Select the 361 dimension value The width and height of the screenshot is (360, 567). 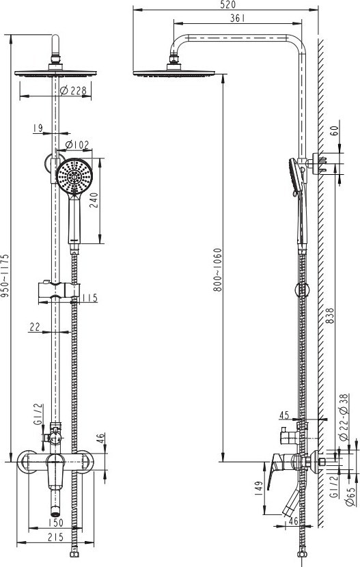click(x=237, y=18)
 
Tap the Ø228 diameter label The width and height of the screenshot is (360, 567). click(x=73, y=90)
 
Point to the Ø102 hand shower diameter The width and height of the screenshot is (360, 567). click(x=77, y=145)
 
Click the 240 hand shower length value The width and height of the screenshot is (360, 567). click(x=94, y=200)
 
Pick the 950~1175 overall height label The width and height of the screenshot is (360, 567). click(x=5, y=275)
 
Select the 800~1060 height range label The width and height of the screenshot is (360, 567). click(x=217, y=270)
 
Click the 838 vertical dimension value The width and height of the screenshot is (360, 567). click(x=330, y=316)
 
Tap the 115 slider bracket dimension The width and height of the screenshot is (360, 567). click(x=89, y=298)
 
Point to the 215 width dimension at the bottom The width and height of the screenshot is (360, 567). click(x=55, y=538)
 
